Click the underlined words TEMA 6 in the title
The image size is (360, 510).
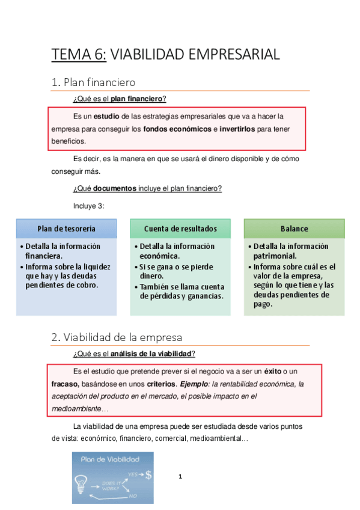click(79, 55)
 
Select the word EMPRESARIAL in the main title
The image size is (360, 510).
click(234, 55)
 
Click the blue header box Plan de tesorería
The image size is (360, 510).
click(66, 229)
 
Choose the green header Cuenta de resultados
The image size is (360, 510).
click(180, 229)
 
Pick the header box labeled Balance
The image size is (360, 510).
click(294, 229)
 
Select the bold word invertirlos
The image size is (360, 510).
click(237, 129)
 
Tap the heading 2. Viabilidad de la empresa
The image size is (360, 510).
click(117, 337)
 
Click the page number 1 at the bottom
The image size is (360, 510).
click(180, 477)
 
